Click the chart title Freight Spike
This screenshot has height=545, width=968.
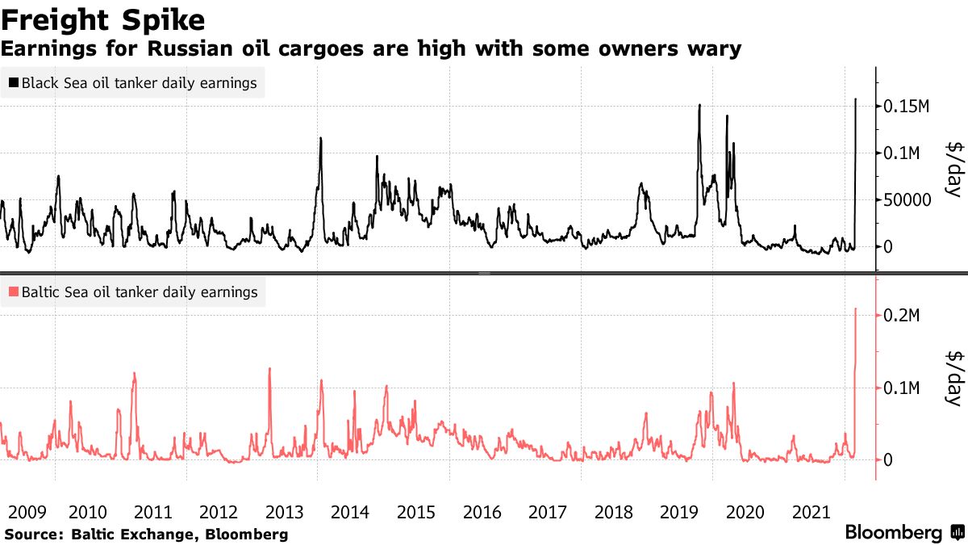[102, 19]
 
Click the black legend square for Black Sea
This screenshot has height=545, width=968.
[14, 82]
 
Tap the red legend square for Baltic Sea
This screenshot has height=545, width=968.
[14, 291]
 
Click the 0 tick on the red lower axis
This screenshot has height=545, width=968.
[890, 460]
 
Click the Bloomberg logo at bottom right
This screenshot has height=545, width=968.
[894, 533]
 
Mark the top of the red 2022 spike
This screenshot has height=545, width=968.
[855, 308]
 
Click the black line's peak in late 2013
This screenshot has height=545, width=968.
[320, 138]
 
